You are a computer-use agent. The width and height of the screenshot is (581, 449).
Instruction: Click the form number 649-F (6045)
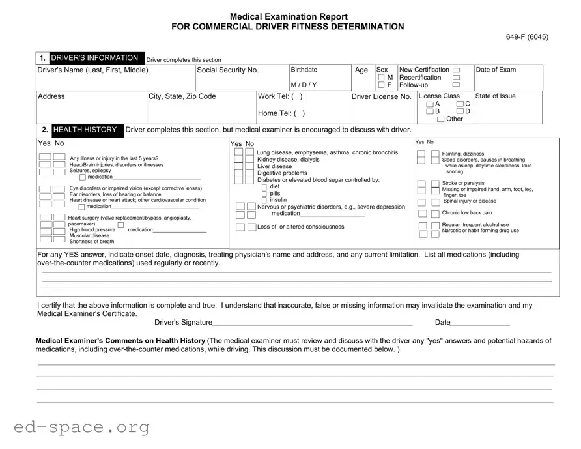point(527,36)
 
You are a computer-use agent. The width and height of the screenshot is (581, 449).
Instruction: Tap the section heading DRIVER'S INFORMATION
point(94,58)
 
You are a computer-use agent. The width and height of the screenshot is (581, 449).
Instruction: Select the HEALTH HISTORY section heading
point(85,130)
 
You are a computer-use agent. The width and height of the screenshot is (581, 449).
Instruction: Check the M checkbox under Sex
point(381,78)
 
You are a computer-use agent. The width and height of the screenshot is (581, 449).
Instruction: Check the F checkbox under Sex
point(381,85)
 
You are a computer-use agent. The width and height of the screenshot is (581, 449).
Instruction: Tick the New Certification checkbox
point(456,70)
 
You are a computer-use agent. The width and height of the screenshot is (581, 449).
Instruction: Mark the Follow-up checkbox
point(456,85)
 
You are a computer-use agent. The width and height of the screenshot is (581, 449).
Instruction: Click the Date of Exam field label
point(496,70)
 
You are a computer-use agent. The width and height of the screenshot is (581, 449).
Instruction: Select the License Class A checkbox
point(429,104)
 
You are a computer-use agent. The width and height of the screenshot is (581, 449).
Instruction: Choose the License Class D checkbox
point(460,111)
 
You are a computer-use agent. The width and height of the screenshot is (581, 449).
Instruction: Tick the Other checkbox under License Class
point(441,119)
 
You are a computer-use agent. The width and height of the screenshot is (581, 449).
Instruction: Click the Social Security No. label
point(227,70)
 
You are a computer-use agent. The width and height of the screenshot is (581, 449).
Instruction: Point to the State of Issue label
point(495,96)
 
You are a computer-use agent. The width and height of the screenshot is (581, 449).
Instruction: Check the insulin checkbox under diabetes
point(264,200)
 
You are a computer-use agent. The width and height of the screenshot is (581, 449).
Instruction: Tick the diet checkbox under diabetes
point(264,187)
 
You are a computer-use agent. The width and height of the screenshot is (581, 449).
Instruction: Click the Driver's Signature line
point(313,321)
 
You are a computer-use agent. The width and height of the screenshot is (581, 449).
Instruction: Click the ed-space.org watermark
point(81,427)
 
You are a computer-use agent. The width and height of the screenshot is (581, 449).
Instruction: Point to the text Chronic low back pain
point(466,213)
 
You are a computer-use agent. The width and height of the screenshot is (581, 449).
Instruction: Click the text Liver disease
point(274,166)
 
